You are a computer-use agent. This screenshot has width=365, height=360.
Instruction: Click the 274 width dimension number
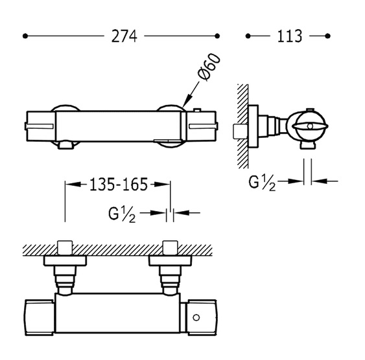point(124,36)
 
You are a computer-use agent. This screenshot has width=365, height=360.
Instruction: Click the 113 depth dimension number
point(290,36)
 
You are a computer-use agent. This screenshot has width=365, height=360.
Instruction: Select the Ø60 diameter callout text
point(209,67)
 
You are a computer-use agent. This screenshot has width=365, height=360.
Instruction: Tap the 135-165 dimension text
point(119,185)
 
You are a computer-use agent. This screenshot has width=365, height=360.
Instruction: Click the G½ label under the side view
point(262,183)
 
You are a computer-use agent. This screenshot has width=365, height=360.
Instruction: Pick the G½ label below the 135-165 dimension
point(122,215)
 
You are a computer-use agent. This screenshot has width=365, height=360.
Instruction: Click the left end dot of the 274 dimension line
point(25,36)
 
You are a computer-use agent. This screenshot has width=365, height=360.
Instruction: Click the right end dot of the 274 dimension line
point(217,36)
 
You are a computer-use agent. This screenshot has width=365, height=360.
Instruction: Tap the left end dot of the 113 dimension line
point(248,36)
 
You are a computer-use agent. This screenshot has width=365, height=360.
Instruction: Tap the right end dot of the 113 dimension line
point(328,36)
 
